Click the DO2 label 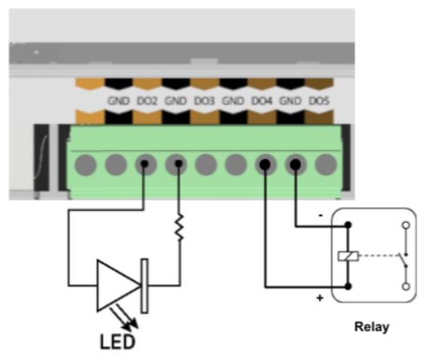tap(147, 101)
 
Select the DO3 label tap(204, 101)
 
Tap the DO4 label tap(262, 101)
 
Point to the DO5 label tap(319, 101)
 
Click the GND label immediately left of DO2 tap(118, 101)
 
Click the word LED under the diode tap(117, 342)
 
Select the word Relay tap(372, 327)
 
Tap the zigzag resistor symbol tap(180, 227)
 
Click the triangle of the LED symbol tap(119, 285)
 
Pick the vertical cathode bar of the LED tap(145, 286)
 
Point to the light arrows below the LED tap(124, 318)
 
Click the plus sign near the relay tap(319, 298)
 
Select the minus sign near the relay tap(320, 215)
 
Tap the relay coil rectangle tap(348, 256)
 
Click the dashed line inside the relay tap(379, 256)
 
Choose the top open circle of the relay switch tap(406, 225)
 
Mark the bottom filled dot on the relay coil tap(348, 286)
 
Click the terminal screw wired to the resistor tap(176, 165)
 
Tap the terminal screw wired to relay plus tap(266, 165)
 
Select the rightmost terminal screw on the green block tap(326, 165)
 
